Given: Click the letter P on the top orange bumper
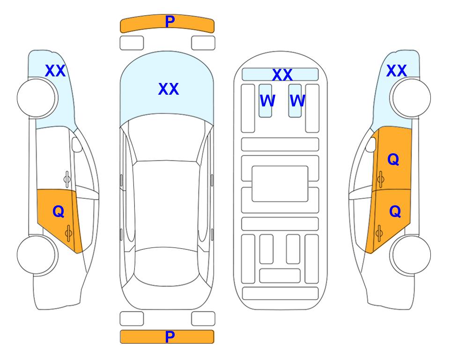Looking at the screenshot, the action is [170, 21].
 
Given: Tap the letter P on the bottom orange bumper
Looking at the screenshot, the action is [170, 337].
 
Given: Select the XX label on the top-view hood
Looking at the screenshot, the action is [169, 89].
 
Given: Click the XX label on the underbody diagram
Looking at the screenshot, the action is [282, 75].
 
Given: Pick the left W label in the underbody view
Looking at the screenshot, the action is [267, 100].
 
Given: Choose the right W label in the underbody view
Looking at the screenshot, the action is [297, 100].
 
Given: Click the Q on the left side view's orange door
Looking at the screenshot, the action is [59, 211].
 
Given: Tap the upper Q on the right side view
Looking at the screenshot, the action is [393, 159].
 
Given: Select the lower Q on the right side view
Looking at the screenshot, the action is [395, 211].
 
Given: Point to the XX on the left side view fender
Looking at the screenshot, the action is [55, 71].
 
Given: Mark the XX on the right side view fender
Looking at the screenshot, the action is [396, 71].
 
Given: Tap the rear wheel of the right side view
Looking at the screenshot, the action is [412, 255].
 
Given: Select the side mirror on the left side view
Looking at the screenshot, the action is [77, 144].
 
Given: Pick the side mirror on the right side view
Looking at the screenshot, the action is [371, 144].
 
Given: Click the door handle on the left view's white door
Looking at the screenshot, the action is [67, 179].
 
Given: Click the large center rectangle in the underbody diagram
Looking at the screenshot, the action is [280, 184].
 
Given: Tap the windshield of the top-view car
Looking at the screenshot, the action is [166, 141].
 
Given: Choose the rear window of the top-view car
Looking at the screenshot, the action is [167, 266].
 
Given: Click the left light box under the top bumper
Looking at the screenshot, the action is [132, 43].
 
